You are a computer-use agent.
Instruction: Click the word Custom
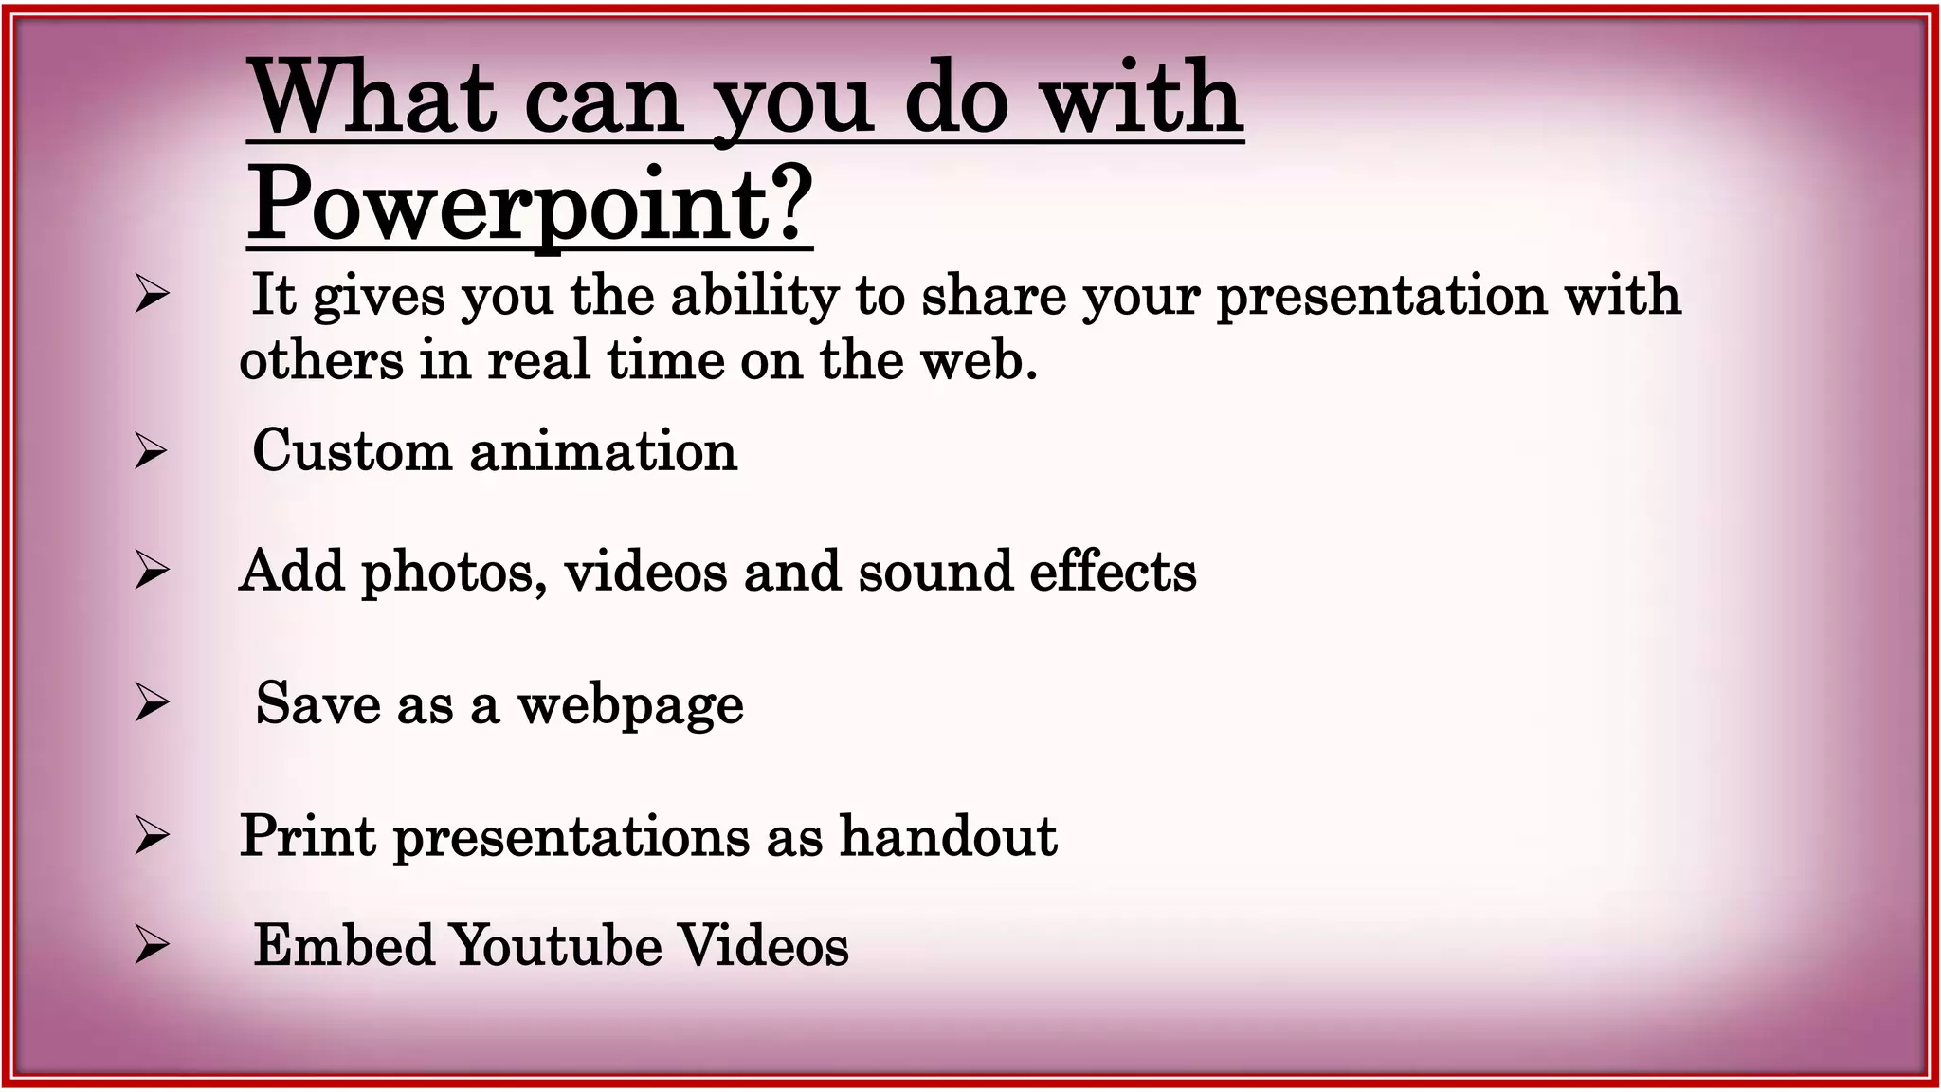[352, 450]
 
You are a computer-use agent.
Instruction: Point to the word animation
[603, 450]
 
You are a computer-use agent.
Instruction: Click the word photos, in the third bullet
[454, 572]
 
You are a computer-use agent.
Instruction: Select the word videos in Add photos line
[645, 572]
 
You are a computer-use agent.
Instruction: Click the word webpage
[630, 705]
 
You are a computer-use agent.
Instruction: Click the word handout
[948, 836]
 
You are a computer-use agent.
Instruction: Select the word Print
[307, 836]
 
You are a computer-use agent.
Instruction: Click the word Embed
[344, 946]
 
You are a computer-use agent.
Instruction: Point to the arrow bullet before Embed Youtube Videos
[151, 945]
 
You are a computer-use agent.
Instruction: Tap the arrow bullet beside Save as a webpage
[151, 702]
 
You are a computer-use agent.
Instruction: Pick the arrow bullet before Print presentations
[151, 836]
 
